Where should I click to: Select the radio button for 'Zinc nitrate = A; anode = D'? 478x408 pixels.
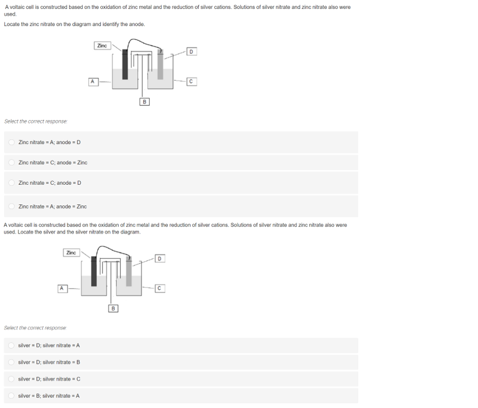(11, 143)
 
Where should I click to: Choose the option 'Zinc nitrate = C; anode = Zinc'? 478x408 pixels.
(11, 163)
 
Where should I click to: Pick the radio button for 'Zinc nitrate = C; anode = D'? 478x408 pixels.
(11, 183)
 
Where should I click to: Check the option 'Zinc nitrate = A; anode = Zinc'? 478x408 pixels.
(11, 206)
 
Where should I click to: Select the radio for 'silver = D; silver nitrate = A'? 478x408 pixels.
(11, 346)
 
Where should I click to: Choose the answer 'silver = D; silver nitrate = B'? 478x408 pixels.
(11, 363)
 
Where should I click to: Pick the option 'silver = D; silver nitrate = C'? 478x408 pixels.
(11, 379)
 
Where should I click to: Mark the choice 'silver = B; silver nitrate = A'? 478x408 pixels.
(11, 396)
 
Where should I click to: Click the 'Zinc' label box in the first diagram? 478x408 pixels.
(102, 46)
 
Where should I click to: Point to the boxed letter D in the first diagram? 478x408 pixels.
(192, 51)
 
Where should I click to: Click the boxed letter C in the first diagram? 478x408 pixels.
(192, 81)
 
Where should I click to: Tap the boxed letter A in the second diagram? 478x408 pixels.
(62, 288)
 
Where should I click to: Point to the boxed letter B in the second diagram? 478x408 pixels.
(113, 308)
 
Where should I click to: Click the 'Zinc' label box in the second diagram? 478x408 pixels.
(71, 253)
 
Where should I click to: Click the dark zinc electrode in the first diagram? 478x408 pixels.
(125, 66)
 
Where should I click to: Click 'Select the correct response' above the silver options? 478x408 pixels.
(35, 328)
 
